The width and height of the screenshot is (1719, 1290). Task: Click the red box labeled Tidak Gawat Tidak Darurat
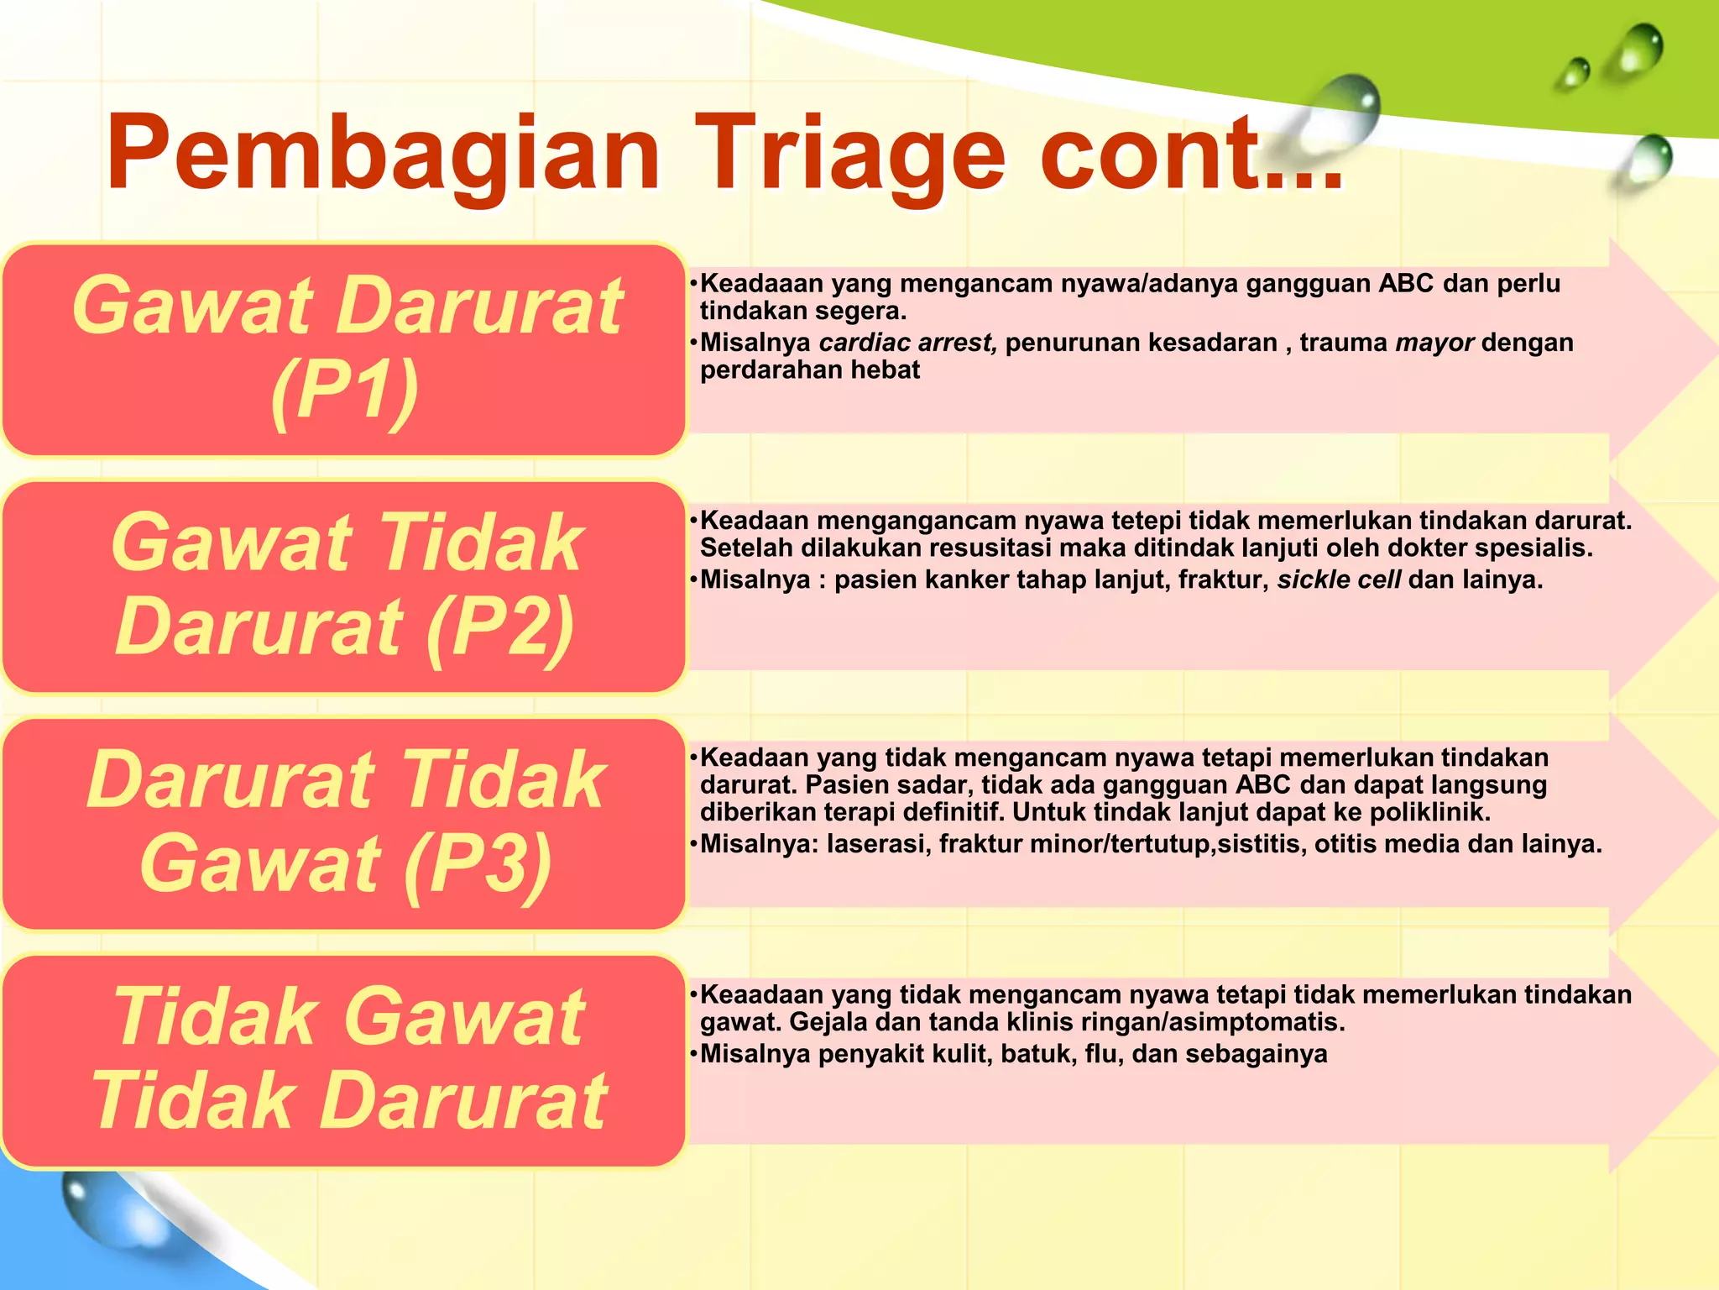(345, 1060)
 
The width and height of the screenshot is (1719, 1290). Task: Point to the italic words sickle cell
(1339, 579)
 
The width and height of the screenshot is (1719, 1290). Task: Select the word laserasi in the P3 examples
(878, 843)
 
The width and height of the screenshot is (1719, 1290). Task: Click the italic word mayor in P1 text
(1434, 343)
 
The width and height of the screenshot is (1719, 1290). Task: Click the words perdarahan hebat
(810, 370)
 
